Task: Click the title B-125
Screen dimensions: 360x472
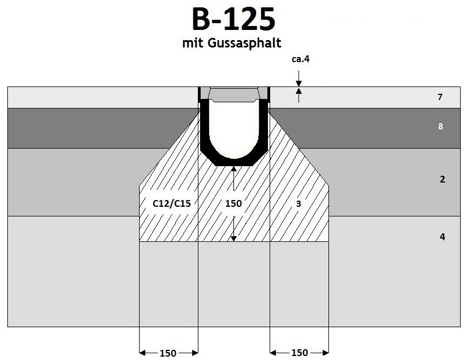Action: [x=233, y=19]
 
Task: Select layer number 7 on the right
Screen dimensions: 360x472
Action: [x=440, y=97]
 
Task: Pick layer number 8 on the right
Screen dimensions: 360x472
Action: [x=440, y=127]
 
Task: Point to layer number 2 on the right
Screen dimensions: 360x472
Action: [x=442, y=180]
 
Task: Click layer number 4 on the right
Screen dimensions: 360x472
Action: [x=442, y=237]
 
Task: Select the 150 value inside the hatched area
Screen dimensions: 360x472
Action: [x=233, y=203]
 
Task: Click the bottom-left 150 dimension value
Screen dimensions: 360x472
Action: [x=167, y=353]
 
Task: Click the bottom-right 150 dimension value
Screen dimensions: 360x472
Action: [x=300, y=353]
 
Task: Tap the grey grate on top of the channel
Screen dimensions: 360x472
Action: [x=233, y=93]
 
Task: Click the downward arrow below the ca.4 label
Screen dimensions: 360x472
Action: [x=298, y=83]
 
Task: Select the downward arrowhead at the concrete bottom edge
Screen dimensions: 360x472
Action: [x=233, y=238]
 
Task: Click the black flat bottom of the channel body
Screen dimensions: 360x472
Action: [x=233, y=163]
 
